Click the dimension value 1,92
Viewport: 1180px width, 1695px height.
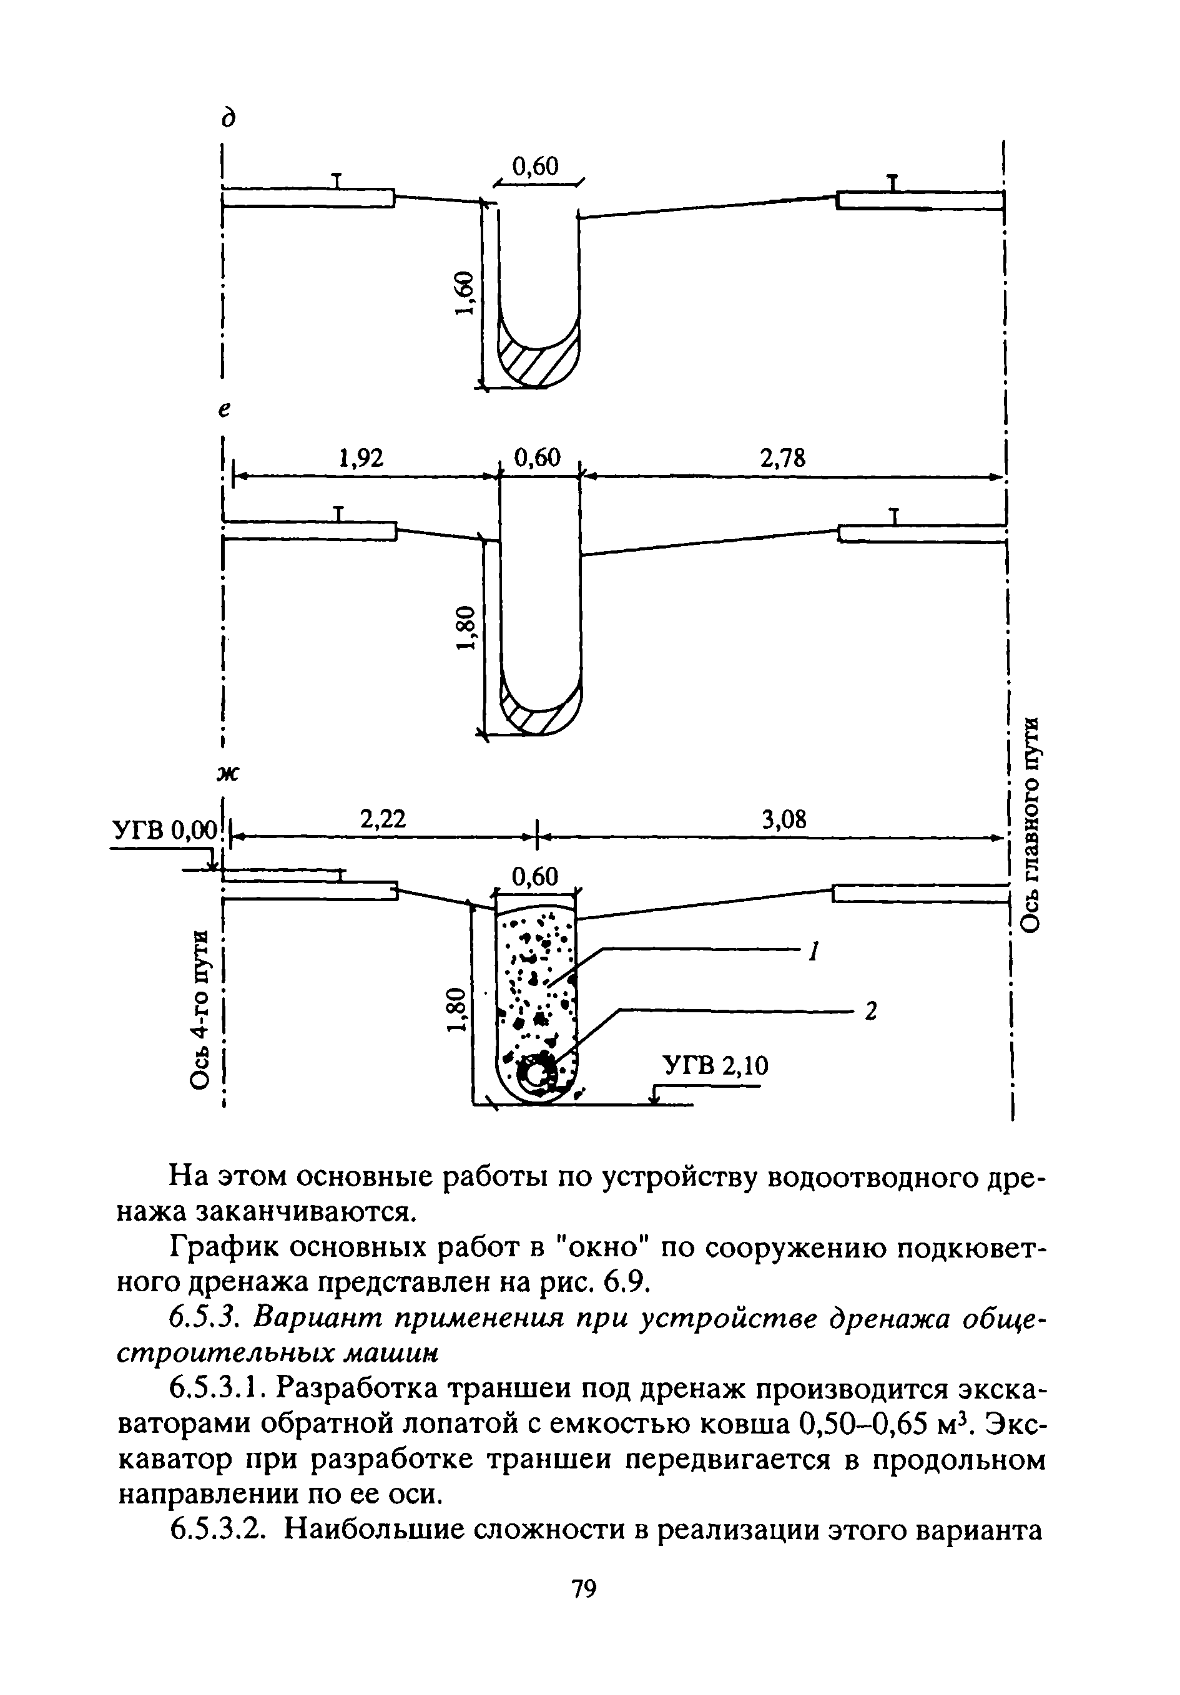(x=361, y=459)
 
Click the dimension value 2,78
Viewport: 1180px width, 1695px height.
(x=783, y=459)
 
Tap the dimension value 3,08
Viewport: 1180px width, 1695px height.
(x=784, y=819)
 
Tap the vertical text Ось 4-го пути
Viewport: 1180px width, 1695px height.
(x=200, y=1007)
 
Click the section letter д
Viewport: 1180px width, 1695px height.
(x=230, y=117)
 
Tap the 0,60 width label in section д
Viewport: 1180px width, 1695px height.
(x=536, y=166)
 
